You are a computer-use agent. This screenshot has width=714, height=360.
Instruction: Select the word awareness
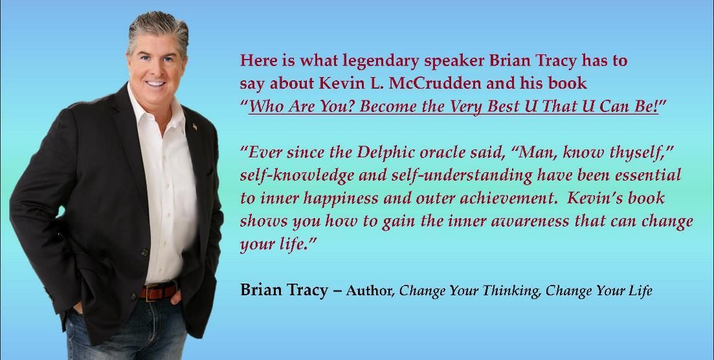(x=530, y=221)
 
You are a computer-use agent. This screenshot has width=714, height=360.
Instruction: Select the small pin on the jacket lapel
(x=194, y=126)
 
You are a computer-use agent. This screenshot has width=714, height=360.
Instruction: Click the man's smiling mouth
(x=156, y=84)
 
